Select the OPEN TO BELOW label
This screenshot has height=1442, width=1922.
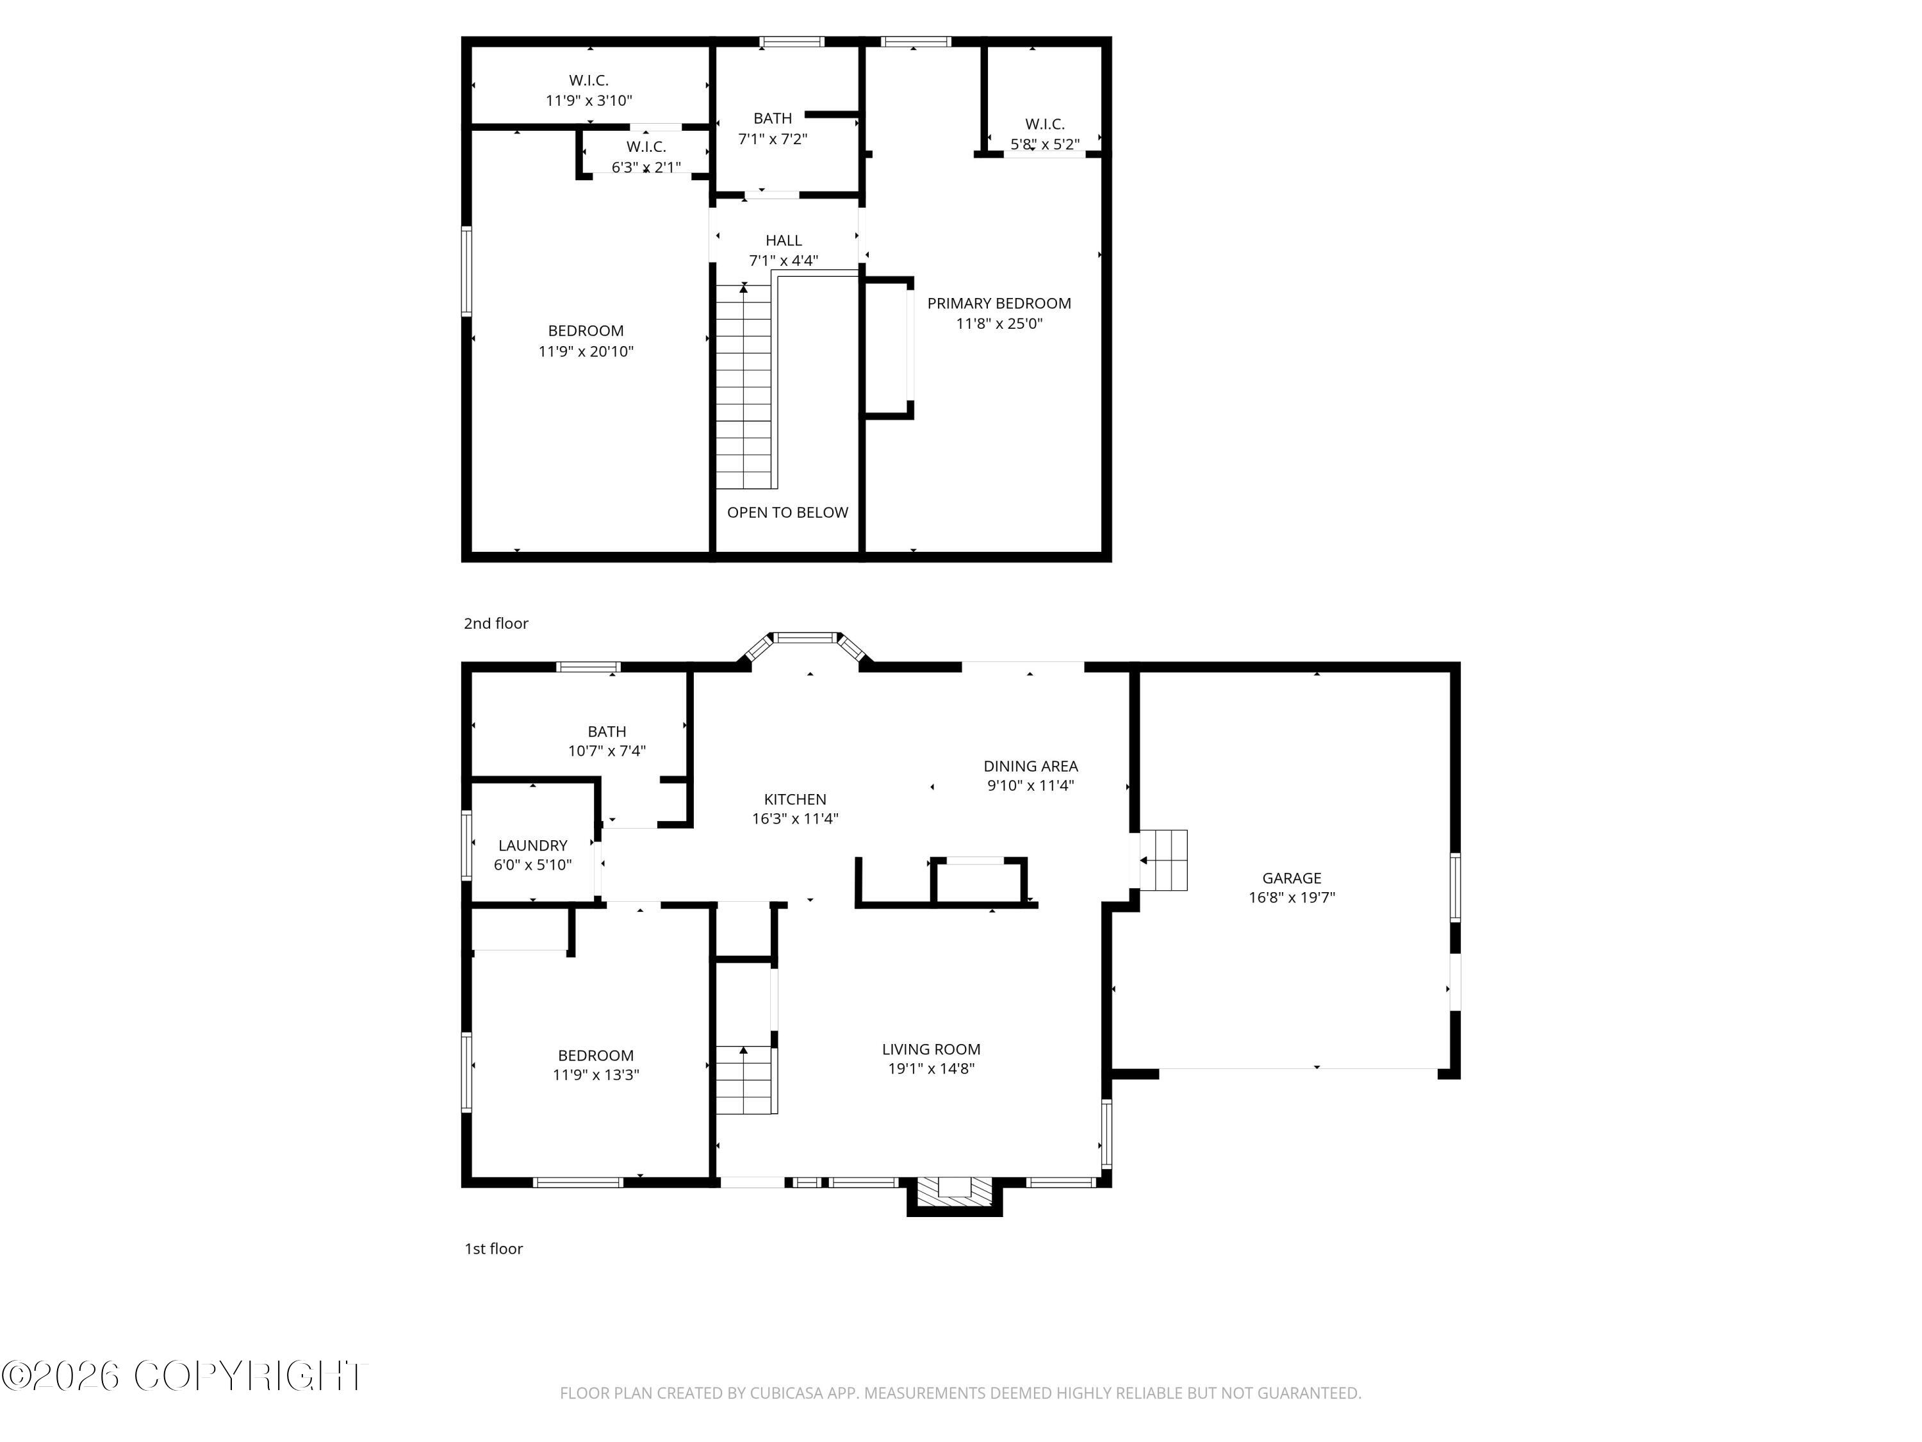coord(787,513)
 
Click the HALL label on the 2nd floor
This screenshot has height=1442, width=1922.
coord(783,241)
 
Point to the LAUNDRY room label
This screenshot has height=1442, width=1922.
coord(532,846)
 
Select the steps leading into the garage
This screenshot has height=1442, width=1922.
coord(1164,861)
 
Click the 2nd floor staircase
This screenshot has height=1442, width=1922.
coord(744,387)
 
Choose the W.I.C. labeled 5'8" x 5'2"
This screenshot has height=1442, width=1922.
coord(1044,135)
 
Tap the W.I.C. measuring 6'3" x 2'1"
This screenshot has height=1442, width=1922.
coord(646,157)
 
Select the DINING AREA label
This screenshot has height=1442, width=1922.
coord(1030,767)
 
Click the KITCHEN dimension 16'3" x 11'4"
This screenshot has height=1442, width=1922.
coord(794,819)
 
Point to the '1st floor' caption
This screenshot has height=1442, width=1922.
coord(493,1249)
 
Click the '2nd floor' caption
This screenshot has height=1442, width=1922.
coord(495,623)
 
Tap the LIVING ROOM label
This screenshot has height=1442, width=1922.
coord(931,1050)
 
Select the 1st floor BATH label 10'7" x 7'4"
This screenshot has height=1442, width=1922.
coord(607,742)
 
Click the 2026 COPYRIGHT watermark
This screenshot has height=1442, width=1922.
coord(185,1376)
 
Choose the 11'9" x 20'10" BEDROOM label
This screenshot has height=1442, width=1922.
coord(586,341)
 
